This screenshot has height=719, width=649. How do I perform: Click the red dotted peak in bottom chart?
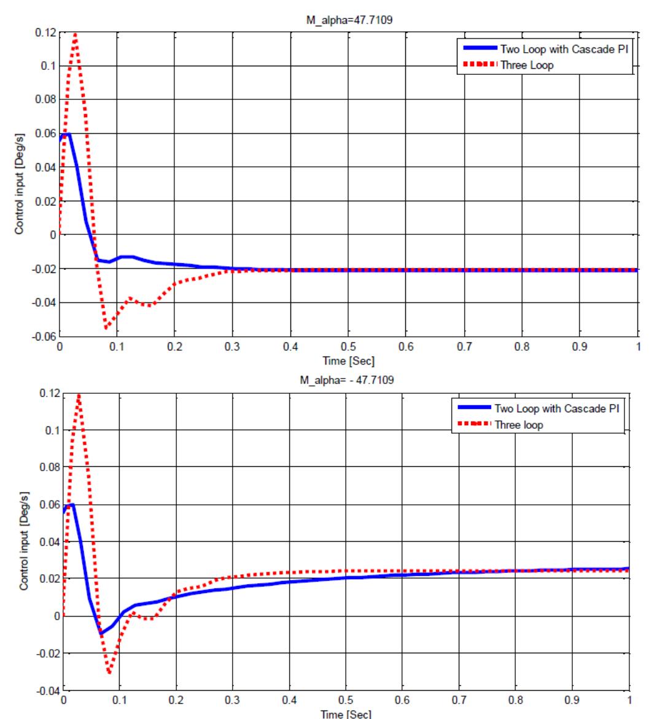pos(79,395)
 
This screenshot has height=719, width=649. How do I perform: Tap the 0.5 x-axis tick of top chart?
pos(348,347)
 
